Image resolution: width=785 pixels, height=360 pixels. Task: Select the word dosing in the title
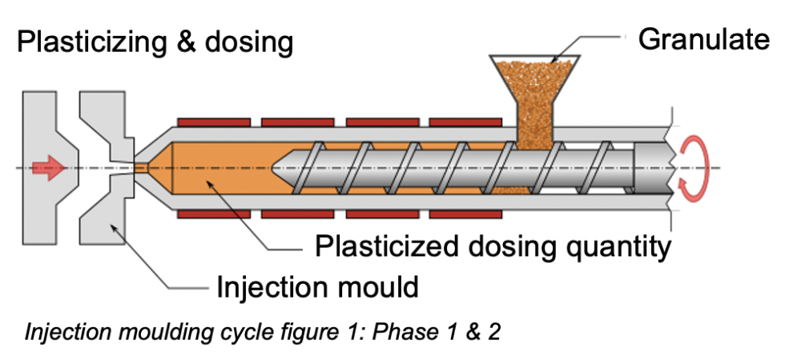(x=248, y=41)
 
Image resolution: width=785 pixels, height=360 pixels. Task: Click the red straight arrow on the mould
(x=48, y=168)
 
